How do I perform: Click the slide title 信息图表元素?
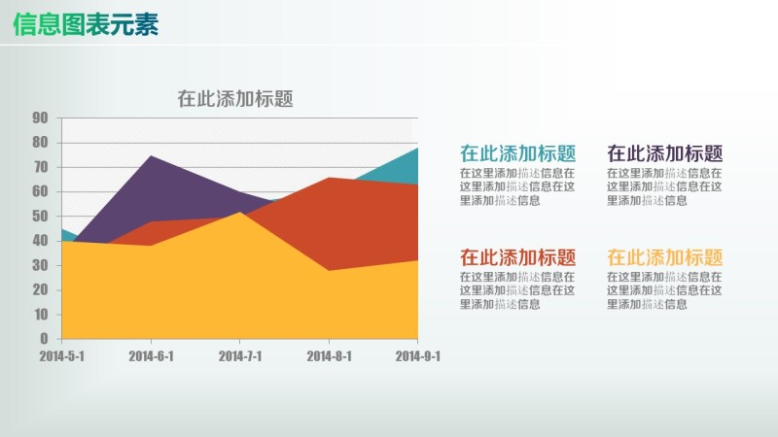click(87, 25)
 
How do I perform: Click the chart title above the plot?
click(235, 98)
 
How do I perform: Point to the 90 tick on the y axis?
click(41, 118)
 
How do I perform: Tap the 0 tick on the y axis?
click(44, 339)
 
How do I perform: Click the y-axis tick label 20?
click(41, 290)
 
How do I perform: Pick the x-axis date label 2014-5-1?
click(61, 356)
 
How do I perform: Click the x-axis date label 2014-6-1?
click(151, 356)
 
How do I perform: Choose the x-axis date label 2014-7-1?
click(240, 356)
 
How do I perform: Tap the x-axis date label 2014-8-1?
click(329, 356)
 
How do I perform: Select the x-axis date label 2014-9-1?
click(418, 356)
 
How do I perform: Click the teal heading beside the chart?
click(517, 153)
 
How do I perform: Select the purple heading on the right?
click(665, 153)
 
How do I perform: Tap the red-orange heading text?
click(517, 257)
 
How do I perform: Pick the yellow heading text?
click(665, 257)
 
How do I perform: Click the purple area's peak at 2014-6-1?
click(151, 157)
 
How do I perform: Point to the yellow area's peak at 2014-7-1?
click(240, 213)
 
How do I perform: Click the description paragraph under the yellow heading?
click(665, 290)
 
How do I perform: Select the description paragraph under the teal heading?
click(517, 186)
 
